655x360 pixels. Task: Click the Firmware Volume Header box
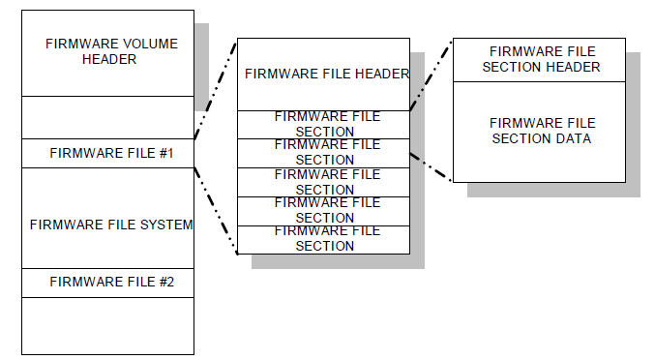coord(106,53)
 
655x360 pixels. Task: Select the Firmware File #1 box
coord(106,153)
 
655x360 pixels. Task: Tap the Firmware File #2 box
coord(106,283)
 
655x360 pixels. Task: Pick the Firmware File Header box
coord(323,75)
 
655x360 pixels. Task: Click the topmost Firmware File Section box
coord(323,124)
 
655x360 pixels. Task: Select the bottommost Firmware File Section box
coord(323,239)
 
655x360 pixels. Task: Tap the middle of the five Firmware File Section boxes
coord(323,181)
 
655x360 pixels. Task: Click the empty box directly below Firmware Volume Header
coord(106,117)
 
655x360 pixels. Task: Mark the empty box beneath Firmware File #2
coord(106,325)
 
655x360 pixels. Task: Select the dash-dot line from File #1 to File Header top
coord(215,90)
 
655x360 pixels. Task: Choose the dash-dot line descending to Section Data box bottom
coord(431,165)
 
